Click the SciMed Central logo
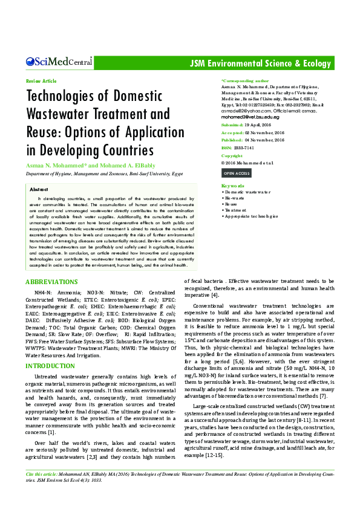pos(59,61)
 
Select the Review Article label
pos(41,81)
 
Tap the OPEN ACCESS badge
pos(238,173)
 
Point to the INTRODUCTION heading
pos(50,366)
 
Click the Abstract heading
pos(39,189)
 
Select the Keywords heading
pos(233,186)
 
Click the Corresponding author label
pos(246,80)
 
